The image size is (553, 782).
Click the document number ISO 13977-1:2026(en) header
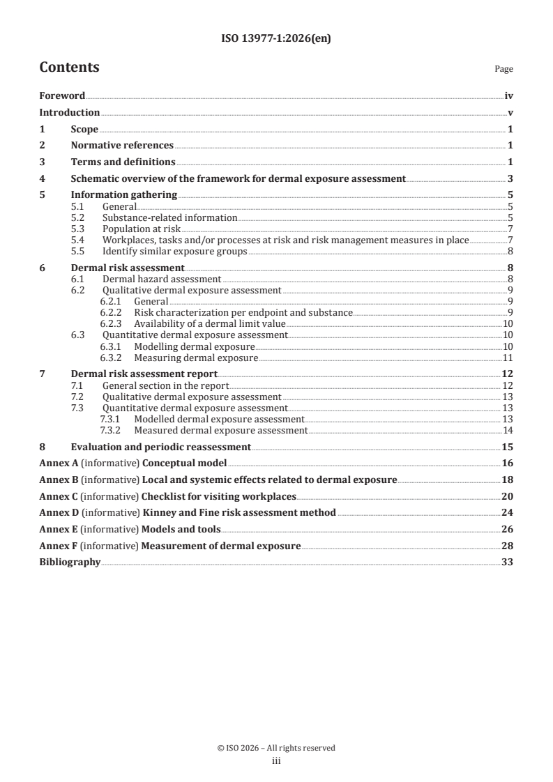tap(276, 39)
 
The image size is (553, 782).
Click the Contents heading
tap(69, 68)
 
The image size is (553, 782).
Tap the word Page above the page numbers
tap(503, 70)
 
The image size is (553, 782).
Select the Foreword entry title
tap(62, 96)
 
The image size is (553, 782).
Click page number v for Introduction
tap(510, 113)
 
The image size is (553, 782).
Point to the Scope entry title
tap(84, 129)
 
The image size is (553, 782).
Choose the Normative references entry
tap(122, 145)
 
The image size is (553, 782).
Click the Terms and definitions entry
tap(123, 162)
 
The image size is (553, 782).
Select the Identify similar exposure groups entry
tap(174, 251)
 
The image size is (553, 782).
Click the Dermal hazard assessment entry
tap(152, 279)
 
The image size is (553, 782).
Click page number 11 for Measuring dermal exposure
tap(508, 358)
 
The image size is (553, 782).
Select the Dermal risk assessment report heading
tap(144, 374)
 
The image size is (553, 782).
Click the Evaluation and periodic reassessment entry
tap(160, 447)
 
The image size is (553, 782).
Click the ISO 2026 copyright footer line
tap(276, 748)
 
